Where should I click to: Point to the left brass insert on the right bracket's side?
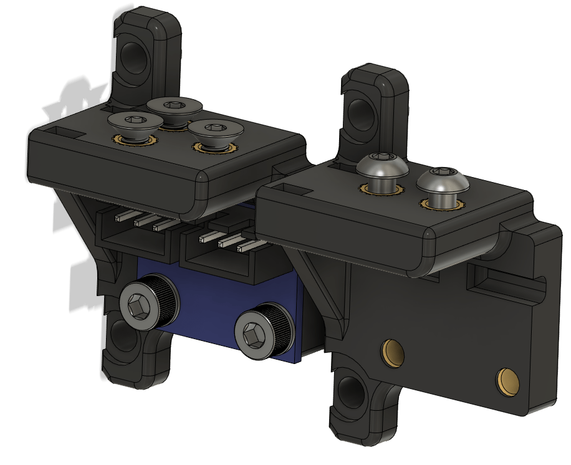click(393, 353)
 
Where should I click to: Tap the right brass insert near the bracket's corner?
click(508, 381)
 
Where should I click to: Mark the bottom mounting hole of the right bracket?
click(353, 394)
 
